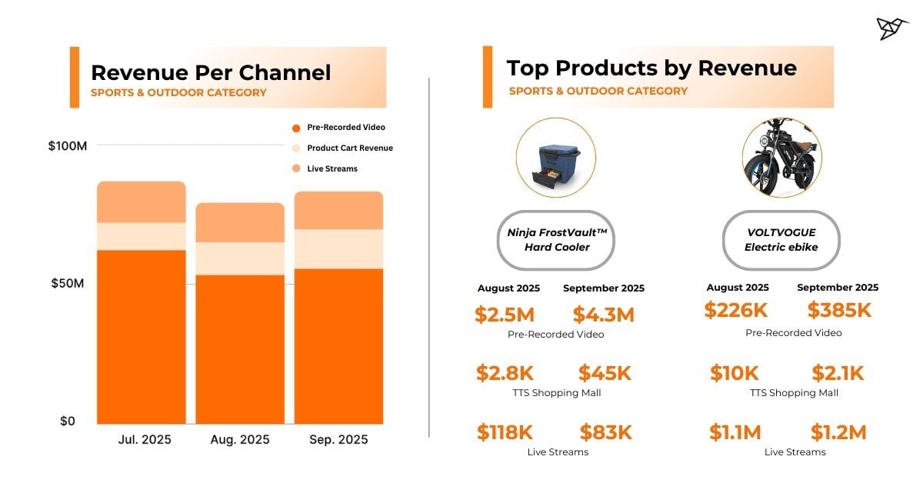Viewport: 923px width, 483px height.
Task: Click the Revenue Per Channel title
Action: pos(211,73)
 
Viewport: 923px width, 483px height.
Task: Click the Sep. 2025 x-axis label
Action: pos(338,440)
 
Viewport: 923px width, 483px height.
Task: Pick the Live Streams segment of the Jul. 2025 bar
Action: pos(142,202)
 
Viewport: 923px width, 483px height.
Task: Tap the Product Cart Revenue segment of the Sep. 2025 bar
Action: pos(338,248)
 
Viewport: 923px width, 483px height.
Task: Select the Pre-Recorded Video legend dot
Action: pos(295,128)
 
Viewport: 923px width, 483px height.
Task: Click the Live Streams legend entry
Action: pos(332,168)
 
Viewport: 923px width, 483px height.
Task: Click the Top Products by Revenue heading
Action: pos(651,68)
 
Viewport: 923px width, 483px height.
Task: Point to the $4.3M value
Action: pos(604,315)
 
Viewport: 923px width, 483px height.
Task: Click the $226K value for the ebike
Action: pos(736,310)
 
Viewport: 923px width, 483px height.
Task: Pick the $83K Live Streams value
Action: pos(605,432)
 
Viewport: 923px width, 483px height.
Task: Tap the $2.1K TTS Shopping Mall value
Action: pos(838,374)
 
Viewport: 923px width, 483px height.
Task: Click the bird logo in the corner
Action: pos(892,28)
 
